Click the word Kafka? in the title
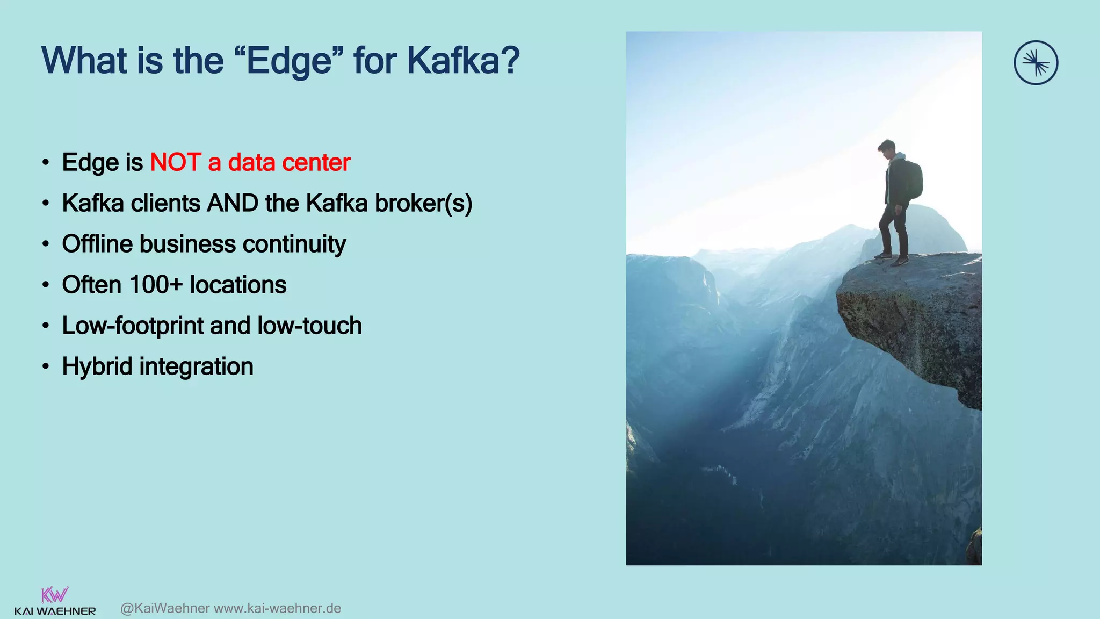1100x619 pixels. (463, 60)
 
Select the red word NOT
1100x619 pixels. (175, 162)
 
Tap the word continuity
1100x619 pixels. (294, 244)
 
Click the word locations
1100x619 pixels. (238, 285)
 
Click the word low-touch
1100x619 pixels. (309, 326)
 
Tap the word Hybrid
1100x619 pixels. (97, 366)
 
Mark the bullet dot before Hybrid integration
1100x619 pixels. (46, 367)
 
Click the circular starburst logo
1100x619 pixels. (1036, 63)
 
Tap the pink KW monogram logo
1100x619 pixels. (55, 595)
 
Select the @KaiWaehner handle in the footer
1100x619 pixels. (165, 608)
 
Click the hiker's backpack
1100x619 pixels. (914, 180)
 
